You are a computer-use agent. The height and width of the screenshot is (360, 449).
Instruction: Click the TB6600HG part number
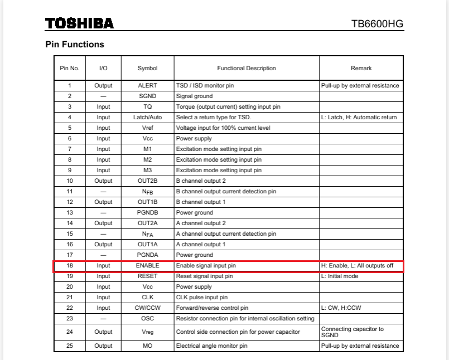pyautogui.click(x=377, y=24)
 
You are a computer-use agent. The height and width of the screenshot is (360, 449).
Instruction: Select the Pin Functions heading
pyautogui.click(x=75, y=45)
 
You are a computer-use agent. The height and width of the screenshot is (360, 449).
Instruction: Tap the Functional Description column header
pyautogui.click(x=246, y=69)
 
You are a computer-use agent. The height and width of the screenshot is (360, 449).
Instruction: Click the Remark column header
pyautogui.click(x=361, y=69)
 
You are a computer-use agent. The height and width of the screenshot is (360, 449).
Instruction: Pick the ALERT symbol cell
pyautogui.click(x=147, y=86)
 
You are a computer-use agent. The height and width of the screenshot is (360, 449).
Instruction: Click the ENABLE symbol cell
pyautogui.click(x=147, y=266)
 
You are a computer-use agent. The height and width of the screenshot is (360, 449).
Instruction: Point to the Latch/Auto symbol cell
pyautogui.click(x=147, y=118)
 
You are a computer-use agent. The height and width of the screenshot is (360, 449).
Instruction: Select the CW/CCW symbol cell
pyautogui.click(x=147, y=308)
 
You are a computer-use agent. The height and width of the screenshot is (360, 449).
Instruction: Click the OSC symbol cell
pyautogui.click(x=147, y=319)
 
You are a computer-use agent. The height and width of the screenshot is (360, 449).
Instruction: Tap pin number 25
pyautogui.click(x=70, y=346)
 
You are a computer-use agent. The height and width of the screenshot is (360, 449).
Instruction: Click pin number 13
pyautogui.click(x=70, y=213)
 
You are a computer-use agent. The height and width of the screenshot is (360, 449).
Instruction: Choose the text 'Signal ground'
pyautogui.click(x=194, y=96)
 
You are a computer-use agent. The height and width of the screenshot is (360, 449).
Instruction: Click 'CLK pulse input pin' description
pyautogui.click(x=202, y=298)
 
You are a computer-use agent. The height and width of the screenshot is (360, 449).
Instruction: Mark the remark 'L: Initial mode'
pyautogui.click(x=340, y=276)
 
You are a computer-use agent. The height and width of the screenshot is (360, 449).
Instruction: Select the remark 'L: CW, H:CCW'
pyautogui.click(x=340, y=308)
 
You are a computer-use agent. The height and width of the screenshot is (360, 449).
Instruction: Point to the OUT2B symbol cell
pyautogui.click(x=147, y=181)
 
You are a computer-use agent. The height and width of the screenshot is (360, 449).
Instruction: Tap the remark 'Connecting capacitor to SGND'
pyautogui.click(x=352, y=332)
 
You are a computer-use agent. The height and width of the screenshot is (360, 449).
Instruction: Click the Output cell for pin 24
pyautogui.click(x=103, y=332)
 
